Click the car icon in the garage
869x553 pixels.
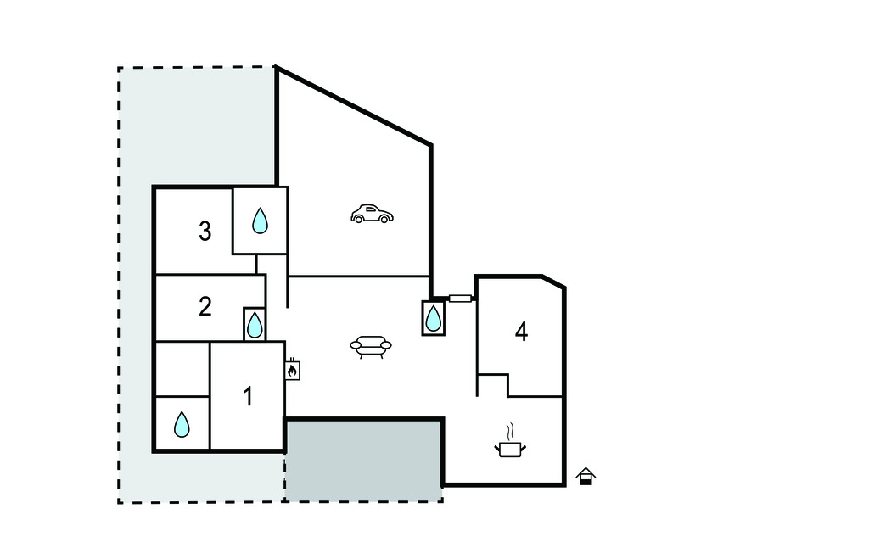coord(372,214)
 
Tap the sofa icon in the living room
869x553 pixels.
coord(371,347)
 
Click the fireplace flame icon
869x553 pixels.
coord(292,370)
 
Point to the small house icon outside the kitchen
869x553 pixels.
coord(586,477)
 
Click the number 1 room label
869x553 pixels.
coord(249,396)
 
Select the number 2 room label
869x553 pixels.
coord(205,306)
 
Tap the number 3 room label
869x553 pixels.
coord(205,231)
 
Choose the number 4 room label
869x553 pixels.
coord(522,332)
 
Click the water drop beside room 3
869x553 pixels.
coord(260,221)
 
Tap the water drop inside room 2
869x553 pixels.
coord(255,325)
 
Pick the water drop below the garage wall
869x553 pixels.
coord(433,318)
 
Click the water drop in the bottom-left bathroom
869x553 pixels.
coord(182,424)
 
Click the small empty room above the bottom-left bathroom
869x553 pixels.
coord(182,369)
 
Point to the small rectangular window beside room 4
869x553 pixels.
coord(460,299)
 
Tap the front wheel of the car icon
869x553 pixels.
coord(384,220)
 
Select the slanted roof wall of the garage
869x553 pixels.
coord(354,106)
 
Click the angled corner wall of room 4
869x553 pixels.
coord(553,282)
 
